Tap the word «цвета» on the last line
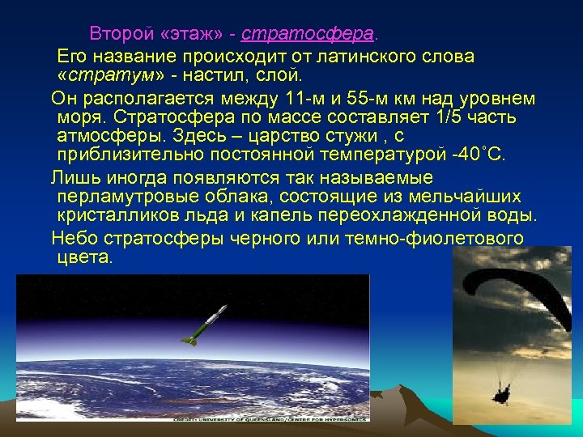(86, 257)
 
